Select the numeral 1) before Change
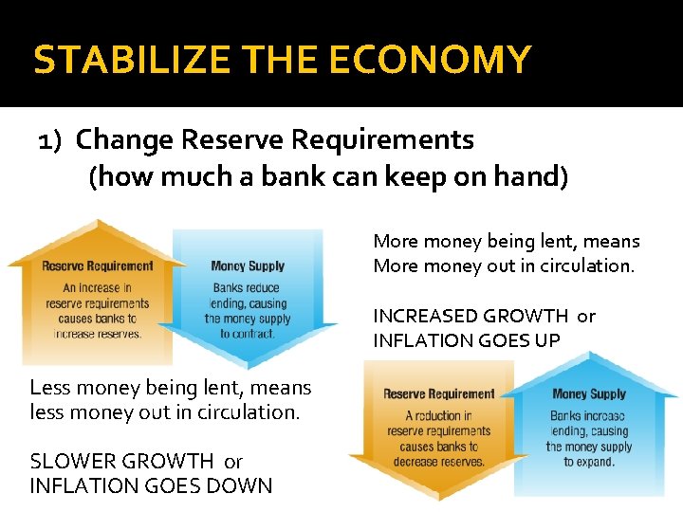pyautogui.click(x=49, y=140)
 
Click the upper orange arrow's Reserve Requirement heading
pyautogui.click(x=97, y=266)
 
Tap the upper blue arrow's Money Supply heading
pyautogui.click(x=247, y=266)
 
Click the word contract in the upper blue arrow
pyautogui.click(x=252, y=334)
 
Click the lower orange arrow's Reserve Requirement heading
pyautogui.click(x=439, y=393)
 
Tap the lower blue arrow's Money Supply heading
pyautogui.click(x=589, y=393)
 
